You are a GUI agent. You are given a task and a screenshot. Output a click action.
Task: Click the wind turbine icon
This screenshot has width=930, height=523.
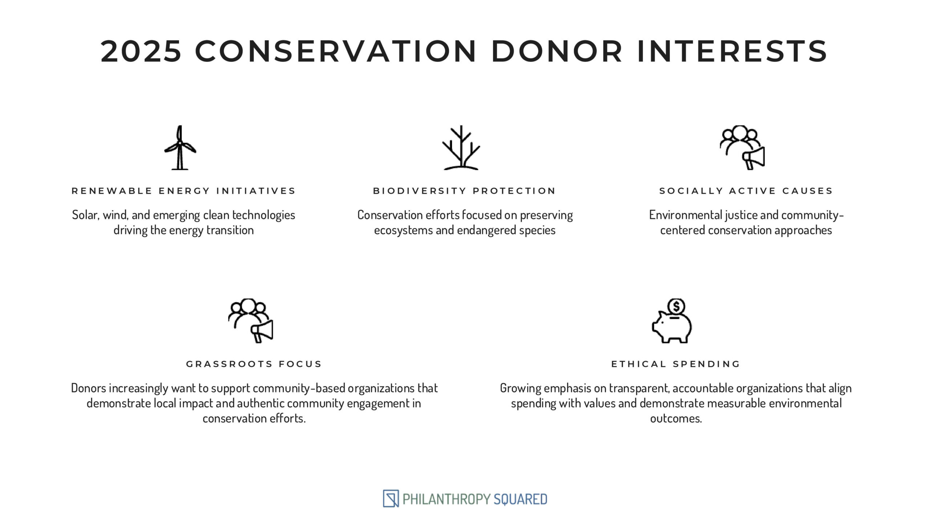180,147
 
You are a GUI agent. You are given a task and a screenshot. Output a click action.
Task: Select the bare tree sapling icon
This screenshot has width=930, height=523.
461,147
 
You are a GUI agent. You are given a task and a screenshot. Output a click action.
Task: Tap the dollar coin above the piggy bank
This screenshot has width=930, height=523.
676,307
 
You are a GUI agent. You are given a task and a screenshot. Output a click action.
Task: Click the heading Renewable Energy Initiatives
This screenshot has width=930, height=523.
183,191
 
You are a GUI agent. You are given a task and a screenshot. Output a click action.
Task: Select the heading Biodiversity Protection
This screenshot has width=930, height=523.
464,191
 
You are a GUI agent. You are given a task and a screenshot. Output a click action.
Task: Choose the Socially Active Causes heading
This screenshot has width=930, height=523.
746,191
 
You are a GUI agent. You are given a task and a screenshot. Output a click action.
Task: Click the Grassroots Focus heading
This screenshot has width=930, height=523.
254,364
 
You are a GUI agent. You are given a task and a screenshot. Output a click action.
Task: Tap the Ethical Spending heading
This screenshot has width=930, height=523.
676,364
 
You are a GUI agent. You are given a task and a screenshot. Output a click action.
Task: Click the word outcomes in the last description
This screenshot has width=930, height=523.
676,418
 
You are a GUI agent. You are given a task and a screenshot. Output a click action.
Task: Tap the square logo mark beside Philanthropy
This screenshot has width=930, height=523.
391,499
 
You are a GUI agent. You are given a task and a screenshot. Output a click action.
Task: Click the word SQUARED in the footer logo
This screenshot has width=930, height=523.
520,499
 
